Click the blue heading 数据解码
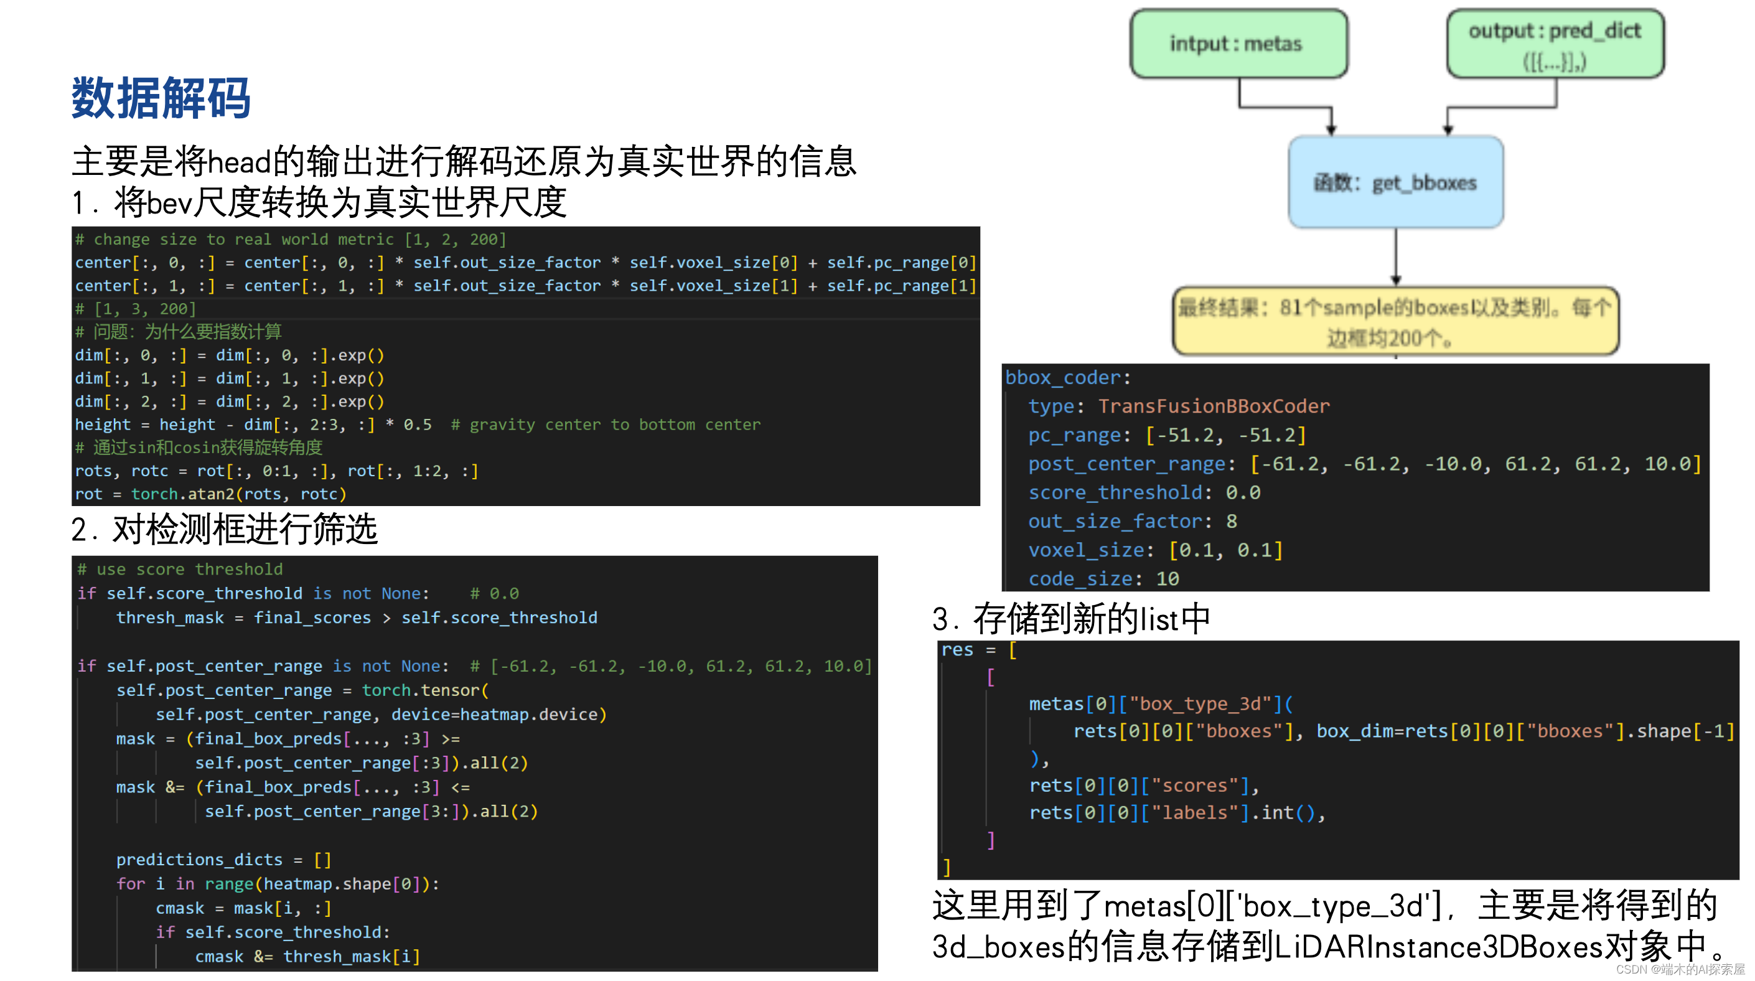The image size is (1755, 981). tap(161, 98)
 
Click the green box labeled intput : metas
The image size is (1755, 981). tap(1238, 44)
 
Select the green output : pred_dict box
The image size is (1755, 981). tap(1555, 44)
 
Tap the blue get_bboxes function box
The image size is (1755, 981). tap(1395, 182)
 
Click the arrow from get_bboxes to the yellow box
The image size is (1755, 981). tap(1395, 257)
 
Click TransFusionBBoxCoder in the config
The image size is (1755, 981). tap(1214, 406)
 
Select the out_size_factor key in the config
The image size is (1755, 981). tap(1115, 522)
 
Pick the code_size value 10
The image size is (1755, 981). tap(1167, 579)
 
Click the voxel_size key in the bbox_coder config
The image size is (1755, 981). tap(1086, 550)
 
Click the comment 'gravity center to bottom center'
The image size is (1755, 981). tap(606, 425)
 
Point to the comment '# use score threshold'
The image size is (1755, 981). tap(180, 570)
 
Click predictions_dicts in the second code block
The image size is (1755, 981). tap(199, 860)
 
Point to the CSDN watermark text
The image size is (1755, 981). tap(1679, 969)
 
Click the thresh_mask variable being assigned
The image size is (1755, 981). tap(170, 618)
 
